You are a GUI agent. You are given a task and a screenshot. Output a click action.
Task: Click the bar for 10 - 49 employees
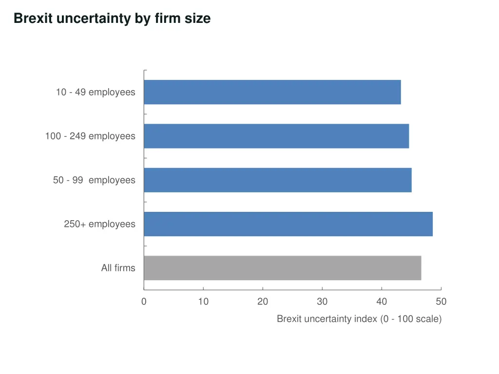point(272,92)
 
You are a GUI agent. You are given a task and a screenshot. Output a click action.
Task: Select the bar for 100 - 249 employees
point(276,136)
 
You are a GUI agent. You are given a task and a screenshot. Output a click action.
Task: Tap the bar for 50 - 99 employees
point(277,180)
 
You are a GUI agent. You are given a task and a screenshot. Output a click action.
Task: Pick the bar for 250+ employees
point(288,224)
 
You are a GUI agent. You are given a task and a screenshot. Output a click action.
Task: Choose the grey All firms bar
point(282,268)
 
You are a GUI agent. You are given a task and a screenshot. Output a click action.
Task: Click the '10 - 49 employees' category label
point(96,92)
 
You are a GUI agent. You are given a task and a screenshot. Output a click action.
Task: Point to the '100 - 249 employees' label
point(90,136)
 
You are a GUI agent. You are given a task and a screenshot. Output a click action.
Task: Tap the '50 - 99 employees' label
point(94,180)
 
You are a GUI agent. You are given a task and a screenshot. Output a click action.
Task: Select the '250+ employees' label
point(99,224)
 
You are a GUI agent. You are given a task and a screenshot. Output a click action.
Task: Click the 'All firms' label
point(118,268)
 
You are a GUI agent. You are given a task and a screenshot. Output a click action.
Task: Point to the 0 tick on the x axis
point(144,301)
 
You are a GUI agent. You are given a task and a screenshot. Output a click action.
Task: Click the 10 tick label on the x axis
point(203,301)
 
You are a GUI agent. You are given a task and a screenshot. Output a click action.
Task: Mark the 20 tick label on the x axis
point(263,301)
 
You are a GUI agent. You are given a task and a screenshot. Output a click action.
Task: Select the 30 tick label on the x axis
point(322,301)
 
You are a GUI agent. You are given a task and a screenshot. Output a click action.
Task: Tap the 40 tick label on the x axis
point(382,301)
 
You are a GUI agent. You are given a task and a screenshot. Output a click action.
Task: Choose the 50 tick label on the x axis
point(441,301)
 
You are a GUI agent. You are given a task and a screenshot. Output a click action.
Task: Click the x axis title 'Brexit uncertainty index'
point(359,319)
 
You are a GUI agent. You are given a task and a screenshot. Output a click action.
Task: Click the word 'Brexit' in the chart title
point(33,19)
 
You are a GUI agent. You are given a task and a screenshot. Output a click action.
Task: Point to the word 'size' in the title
point(198,19)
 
